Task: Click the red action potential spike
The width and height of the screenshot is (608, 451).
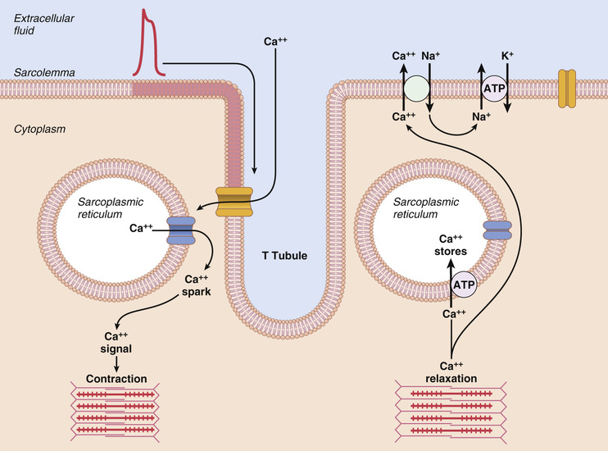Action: (x=149, y=45)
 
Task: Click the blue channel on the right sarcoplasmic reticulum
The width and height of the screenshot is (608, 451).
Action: (x=496, y=231)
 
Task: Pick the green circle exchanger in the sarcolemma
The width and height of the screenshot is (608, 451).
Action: (x=415, y=87)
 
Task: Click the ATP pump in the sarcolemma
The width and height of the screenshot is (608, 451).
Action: (x=493, y=87)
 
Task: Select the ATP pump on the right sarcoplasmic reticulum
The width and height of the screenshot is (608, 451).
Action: (x=464, y=285)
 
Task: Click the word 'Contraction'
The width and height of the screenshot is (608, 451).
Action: (x=116, y=379)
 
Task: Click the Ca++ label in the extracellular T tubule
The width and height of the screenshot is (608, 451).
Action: (x=276, y=39)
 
